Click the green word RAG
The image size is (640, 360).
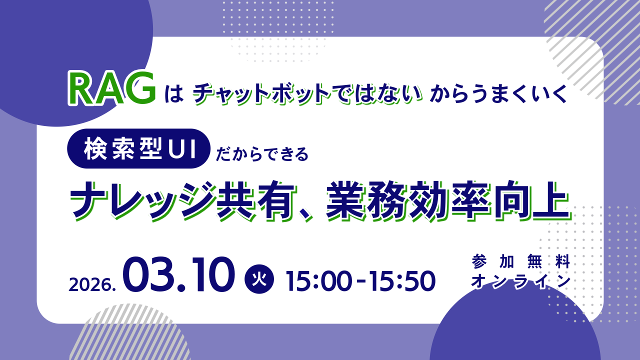click(112, 89)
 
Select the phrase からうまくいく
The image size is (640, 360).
click(498, 93)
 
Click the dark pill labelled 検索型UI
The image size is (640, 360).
click(139, 148)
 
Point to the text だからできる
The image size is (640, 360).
click(262, 154)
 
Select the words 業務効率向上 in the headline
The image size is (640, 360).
click(448, 201)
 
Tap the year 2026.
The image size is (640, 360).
click(92, 284)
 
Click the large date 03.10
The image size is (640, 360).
click(179, 274)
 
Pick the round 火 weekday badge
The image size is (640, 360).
click(259, 279)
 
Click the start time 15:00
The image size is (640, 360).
click(318, 281)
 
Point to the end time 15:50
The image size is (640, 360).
click(402, 281)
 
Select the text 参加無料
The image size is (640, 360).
click(521, 261)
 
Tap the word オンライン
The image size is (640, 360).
click(521, 281)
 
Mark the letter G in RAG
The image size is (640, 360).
click(140, 88)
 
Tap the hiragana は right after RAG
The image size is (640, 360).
click(174, 94)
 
